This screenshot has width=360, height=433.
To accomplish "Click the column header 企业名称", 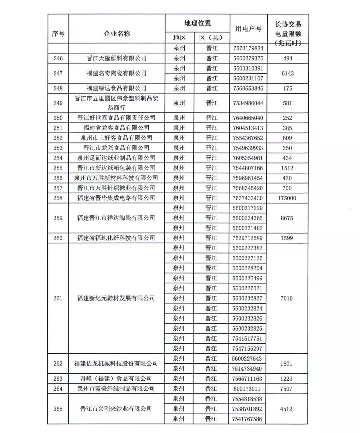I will tap(117, 33).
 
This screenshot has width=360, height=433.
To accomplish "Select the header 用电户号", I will tap(248, 29).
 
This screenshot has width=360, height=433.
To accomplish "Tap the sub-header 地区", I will tap(179, 38).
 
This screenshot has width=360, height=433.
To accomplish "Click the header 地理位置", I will tap(198, 23).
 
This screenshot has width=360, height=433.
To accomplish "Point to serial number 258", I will tap(58, 198).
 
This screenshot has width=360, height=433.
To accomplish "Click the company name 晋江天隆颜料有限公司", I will tap(117, 58).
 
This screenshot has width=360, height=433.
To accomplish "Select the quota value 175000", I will tap(287, 198).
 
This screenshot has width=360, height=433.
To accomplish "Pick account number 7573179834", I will tap(248, 48).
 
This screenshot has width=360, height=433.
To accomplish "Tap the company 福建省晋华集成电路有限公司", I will tap(116, 198).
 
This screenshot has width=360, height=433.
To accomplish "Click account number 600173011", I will tap(247, 389).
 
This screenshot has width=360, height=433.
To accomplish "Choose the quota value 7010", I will tap(287, 298).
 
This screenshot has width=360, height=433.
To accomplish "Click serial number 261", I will tap(58, 298).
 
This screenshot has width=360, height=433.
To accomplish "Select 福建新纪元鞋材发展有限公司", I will tap(116, 298).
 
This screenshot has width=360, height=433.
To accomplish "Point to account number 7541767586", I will tap(247, 419).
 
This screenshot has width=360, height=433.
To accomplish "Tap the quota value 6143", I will tap(287, 73).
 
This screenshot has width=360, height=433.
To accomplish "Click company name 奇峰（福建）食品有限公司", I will tap(116, 379).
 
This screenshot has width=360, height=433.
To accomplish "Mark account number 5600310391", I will tap(248, 68).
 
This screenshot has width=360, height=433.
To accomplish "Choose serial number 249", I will tap(58, 103).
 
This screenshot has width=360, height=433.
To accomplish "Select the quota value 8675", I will tap(287, 218).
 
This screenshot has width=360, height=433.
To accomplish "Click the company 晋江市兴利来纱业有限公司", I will tap(116, 409).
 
